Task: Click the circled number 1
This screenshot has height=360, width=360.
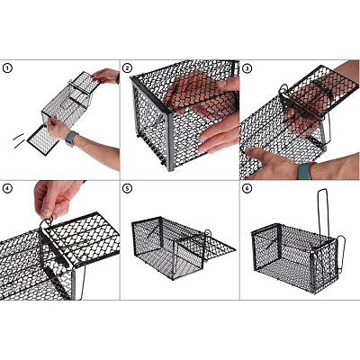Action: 7,68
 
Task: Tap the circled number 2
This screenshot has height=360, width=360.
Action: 127,68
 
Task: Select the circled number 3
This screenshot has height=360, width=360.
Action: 247,68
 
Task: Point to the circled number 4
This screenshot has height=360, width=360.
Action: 7,188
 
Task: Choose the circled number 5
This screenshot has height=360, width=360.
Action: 127,188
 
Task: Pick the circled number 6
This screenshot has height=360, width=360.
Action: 247,188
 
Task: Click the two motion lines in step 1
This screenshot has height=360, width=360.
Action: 19,141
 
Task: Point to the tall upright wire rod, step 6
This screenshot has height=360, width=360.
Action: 323,213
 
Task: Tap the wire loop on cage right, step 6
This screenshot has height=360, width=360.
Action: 342,255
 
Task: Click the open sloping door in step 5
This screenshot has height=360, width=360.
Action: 210,246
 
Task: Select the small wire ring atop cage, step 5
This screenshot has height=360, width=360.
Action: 208,233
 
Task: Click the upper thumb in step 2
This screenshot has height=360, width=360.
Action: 227,85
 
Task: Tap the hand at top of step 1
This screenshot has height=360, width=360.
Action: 105,76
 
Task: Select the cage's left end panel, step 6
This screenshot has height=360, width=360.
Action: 265,250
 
